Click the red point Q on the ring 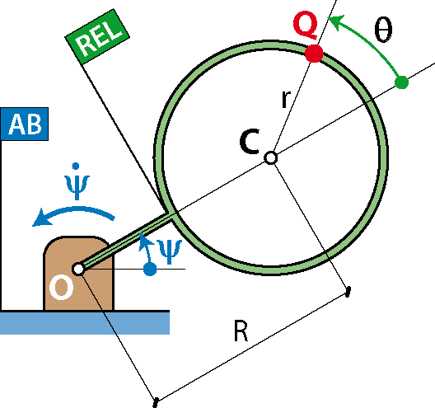pos(314,54)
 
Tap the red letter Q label pos(305,25)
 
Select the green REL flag pos(97,36)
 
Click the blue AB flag pos(25,124)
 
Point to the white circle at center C pos(270,158)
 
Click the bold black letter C pos(250,141)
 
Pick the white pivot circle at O pos(78,269)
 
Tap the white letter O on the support pos(62,288)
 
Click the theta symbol pos(383,29)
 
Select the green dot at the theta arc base pos(401,82)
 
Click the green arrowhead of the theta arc pos(335,23)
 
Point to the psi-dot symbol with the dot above pos(77,181)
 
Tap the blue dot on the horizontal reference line pos(150,269)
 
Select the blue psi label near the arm pos(170,252)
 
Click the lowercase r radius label pos(286,99)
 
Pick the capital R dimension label pos(241,331)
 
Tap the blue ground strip pos(85,323)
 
